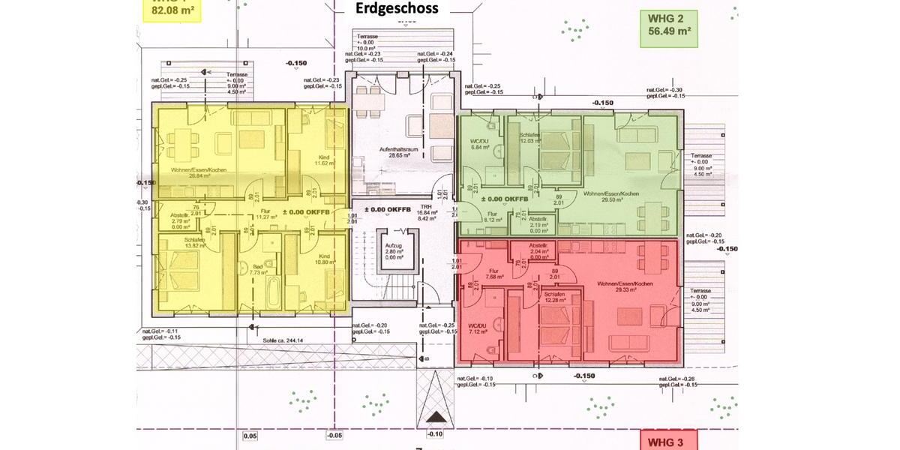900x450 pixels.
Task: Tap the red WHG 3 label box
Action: click(x=667, y=441)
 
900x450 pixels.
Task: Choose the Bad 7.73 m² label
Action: click(x=257, y=270)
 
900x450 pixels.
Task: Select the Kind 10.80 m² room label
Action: click(x=322, y=259)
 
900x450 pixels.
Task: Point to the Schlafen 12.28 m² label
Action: click(x=550, y=298)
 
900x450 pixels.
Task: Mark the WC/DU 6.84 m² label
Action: click(x=480, y=145)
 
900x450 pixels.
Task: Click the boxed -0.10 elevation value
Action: click(x=434, y=434)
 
